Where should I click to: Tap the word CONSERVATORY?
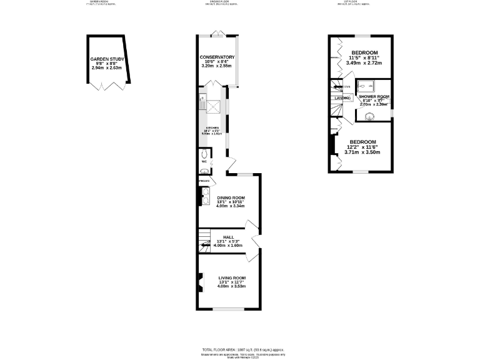[x=217, y=57]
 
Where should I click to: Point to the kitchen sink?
[x=202, y=99]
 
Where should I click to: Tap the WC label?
[x=204, y=162]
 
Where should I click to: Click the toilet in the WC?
[x=204, y=154]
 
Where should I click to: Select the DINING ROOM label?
[x=231, y=197]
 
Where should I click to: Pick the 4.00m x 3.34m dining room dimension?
[x=231, y=206]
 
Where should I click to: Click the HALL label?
[x=228, y=237]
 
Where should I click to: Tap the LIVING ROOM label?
[x=232, y=277]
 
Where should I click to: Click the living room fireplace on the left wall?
[x=200, y=283]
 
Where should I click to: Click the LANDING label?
[x=342, y=98]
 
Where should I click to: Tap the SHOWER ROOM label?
[x=374, y=96]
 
